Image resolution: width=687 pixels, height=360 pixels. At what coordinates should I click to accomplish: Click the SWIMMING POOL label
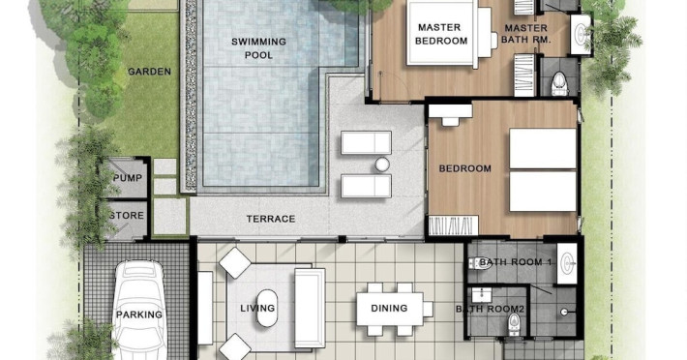click(x=258, y=48)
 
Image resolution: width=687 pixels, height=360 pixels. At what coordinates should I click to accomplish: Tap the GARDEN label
click(x=149, y=72)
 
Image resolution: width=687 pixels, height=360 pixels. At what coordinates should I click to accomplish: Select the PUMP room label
click(x=128, y=178)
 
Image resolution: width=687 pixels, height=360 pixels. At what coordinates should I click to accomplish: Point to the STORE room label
click(x=127, y=215)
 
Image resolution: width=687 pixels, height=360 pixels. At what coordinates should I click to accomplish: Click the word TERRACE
click(x=271, y=219)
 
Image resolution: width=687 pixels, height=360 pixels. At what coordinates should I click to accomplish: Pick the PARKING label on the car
click(x=139, y=315)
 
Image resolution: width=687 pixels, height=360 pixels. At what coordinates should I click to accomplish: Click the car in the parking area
click(x=139, y=310)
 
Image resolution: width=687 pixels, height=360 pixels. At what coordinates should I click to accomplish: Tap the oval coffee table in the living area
click(x=267, y=309)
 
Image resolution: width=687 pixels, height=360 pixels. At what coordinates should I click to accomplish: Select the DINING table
click(x=390, y=309)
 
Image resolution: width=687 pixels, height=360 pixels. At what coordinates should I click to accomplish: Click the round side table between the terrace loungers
click(x=382, y=165)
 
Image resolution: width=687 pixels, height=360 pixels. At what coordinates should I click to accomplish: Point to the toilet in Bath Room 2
click(x=514, y=325)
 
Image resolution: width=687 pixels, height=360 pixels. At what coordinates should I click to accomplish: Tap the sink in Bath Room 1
click(x=568, y=263)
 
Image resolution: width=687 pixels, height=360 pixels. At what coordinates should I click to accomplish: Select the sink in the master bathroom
click(x=581, y=34)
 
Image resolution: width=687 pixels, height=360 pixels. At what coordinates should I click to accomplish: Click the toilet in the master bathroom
click(x=558, y=83)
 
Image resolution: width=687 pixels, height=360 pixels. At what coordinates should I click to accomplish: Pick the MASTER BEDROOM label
click(x=441, y=34)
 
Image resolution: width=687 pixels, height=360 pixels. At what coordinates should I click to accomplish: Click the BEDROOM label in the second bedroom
click(x=464, y=168)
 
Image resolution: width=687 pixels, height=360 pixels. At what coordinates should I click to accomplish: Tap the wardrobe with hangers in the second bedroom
click(x=454, y=225)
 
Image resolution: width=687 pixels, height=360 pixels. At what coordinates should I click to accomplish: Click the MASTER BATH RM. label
click(x=525, y=34)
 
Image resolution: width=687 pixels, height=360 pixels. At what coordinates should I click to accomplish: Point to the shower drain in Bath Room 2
click(x=565, y=312)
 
